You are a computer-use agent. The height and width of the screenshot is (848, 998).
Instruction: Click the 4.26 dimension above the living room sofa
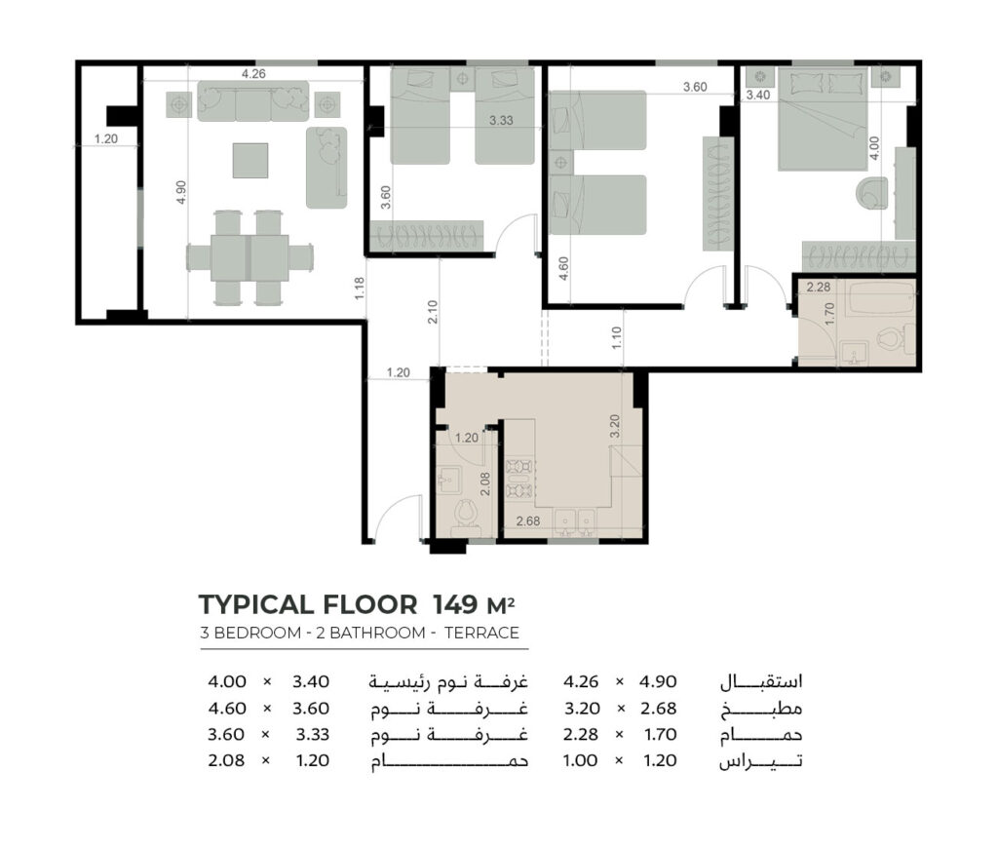[253, 74]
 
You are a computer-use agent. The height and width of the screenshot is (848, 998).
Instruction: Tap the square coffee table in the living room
[250, 161]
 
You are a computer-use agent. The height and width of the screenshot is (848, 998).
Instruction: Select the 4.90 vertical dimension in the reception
[181, 192]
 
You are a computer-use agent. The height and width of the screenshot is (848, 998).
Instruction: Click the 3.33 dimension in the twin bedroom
[501, 120]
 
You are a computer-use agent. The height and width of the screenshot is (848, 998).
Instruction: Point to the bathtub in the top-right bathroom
[882, 298]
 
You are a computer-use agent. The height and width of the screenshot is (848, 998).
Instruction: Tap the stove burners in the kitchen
[518, 479]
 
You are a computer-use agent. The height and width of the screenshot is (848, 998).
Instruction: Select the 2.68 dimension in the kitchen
[528, 521]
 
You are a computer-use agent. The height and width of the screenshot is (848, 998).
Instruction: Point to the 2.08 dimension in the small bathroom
[485, 483]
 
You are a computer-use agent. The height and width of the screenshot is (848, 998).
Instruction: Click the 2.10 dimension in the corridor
[433, 312]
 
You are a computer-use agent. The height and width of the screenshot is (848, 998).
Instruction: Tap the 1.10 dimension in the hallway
[616, 337]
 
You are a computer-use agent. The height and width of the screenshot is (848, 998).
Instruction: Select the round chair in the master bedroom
[871, 193]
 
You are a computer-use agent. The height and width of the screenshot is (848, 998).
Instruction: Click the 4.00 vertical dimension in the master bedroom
[874, 148]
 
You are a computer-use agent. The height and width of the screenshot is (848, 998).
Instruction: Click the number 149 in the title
[455, 604]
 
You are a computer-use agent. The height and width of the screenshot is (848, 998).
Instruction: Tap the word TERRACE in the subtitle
[481, 633]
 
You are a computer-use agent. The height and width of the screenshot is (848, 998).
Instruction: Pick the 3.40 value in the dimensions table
[311, 682]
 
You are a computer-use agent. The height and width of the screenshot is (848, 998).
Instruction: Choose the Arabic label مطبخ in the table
[761, 709]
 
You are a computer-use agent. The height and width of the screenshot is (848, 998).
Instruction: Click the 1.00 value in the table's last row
[581, 760]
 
